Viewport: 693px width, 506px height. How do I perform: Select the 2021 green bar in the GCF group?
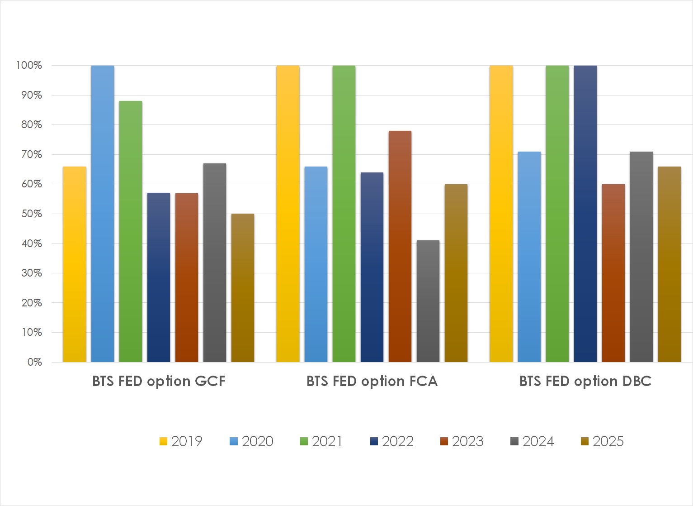[131, 231]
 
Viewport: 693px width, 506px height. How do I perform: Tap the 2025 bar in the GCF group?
[243, 288]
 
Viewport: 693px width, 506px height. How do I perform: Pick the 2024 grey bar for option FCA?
[428, 301]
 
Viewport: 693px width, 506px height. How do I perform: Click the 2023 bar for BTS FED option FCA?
[400, 246]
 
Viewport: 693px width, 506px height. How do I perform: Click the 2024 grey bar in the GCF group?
[215, 263]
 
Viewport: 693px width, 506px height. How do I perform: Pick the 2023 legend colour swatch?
[444, 442]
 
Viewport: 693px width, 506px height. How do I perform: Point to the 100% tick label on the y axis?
[29, 65]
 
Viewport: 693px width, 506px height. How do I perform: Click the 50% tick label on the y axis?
[32, 214]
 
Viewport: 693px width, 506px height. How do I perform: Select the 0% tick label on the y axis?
[34, 362]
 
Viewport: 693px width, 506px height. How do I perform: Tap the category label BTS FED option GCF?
[159, 381]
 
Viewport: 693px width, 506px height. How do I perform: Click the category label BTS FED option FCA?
[372, 381]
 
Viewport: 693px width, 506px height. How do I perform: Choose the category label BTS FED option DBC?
[585, 381]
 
